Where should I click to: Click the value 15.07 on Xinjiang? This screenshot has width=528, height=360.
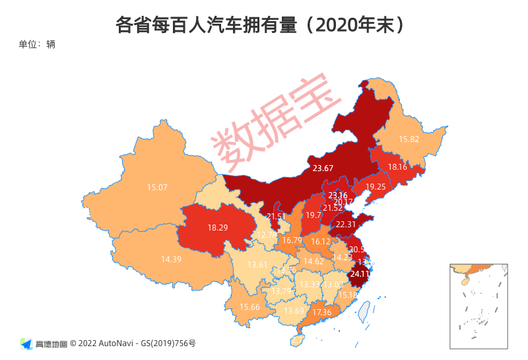pos(157,188)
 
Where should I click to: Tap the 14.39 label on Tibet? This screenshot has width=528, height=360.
pos(171,259)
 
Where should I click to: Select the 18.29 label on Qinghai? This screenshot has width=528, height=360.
pos(217,227)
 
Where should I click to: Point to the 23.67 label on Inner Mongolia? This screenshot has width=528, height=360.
pos(323,168)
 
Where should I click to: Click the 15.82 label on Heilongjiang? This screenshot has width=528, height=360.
pos(409,139)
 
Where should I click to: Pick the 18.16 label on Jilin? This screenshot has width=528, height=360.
pos(397,167)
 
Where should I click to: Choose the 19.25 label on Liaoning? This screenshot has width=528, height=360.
pos(376,187)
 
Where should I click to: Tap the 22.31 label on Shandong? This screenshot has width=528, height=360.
pos(346,225)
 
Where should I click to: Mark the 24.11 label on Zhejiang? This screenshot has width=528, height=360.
pos(360,273)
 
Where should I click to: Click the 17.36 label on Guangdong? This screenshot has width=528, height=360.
pos(322,312)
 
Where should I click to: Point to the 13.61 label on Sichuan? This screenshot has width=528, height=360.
pos(257,265)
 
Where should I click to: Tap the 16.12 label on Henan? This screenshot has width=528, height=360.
pos(320,242)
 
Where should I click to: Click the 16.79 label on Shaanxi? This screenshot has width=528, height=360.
pos(292,240)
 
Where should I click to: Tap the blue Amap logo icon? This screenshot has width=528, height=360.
pos(26,343)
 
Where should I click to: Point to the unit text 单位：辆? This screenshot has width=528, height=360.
pos(37,44)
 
